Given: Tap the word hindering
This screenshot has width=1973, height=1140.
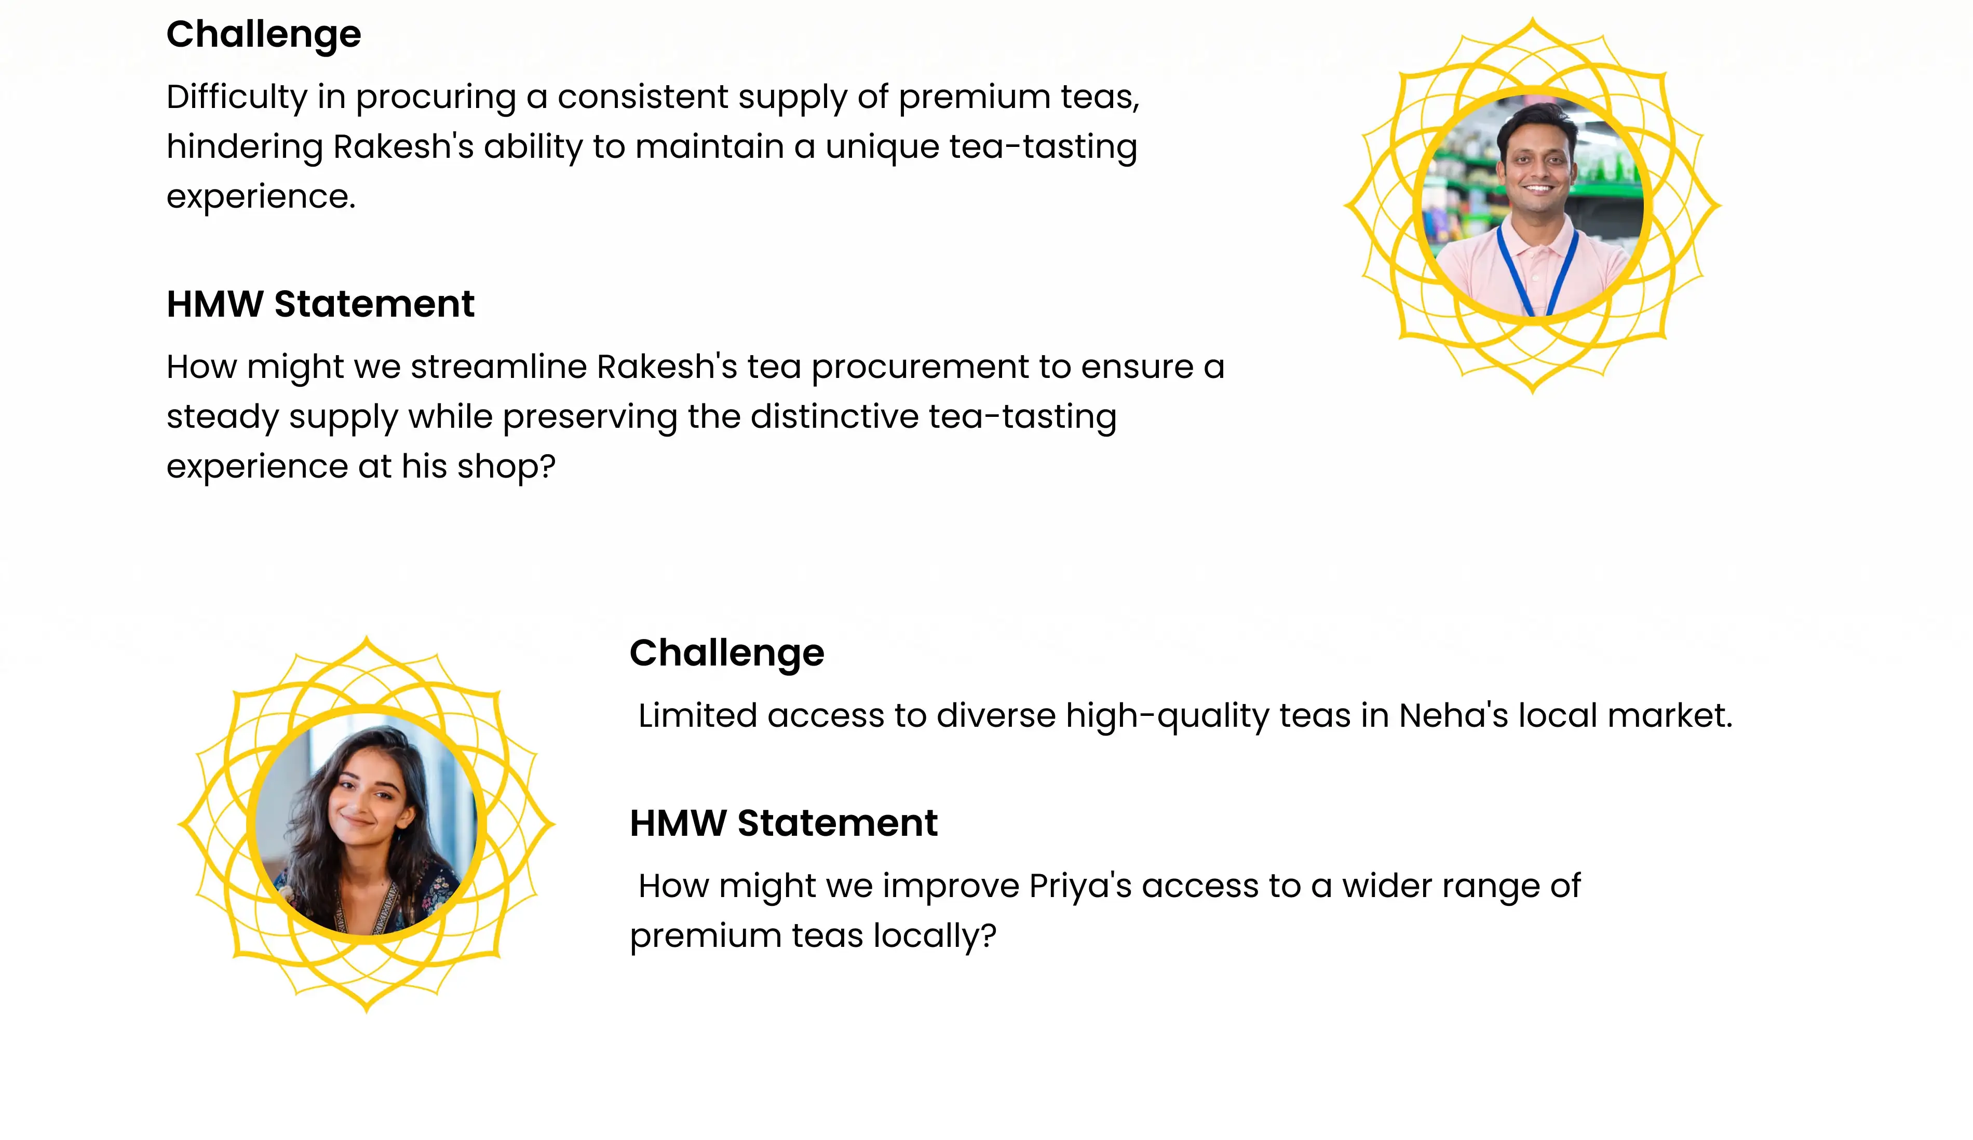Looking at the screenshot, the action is point(244,148).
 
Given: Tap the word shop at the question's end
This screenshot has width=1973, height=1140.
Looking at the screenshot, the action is point(506,467).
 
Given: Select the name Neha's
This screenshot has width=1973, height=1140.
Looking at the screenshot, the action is point(1453,716).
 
